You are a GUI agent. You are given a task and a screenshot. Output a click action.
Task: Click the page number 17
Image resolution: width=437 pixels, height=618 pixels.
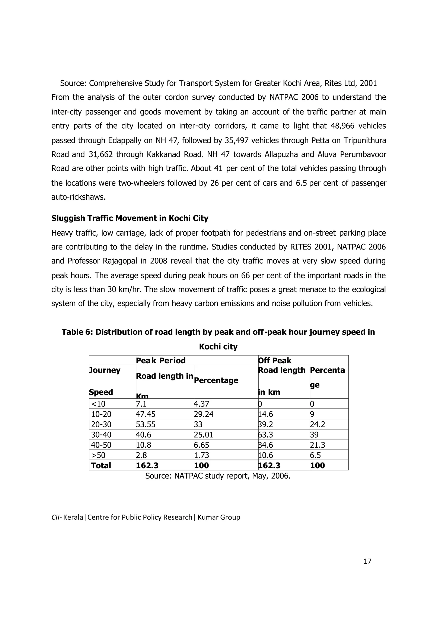pos(367,561)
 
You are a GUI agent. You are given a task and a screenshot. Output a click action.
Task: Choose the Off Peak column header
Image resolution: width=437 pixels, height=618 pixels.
pos(275,360)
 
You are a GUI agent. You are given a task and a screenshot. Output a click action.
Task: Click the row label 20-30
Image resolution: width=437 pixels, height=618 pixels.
pos(101,424)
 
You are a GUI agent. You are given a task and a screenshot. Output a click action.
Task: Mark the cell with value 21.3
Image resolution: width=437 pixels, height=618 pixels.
pos(318,445)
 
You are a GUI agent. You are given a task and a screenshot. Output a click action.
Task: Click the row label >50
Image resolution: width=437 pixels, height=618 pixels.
pos(98,455)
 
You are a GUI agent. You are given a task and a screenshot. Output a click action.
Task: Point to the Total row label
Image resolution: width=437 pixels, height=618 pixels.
pos(101,465)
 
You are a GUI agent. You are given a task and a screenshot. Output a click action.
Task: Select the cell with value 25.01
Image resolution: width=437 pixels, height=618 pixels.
pos(204,435)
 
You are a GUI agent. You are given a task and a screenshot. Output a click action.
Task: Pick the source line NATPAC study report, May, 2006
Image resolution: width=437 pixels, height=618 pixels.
pos(218,476)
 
